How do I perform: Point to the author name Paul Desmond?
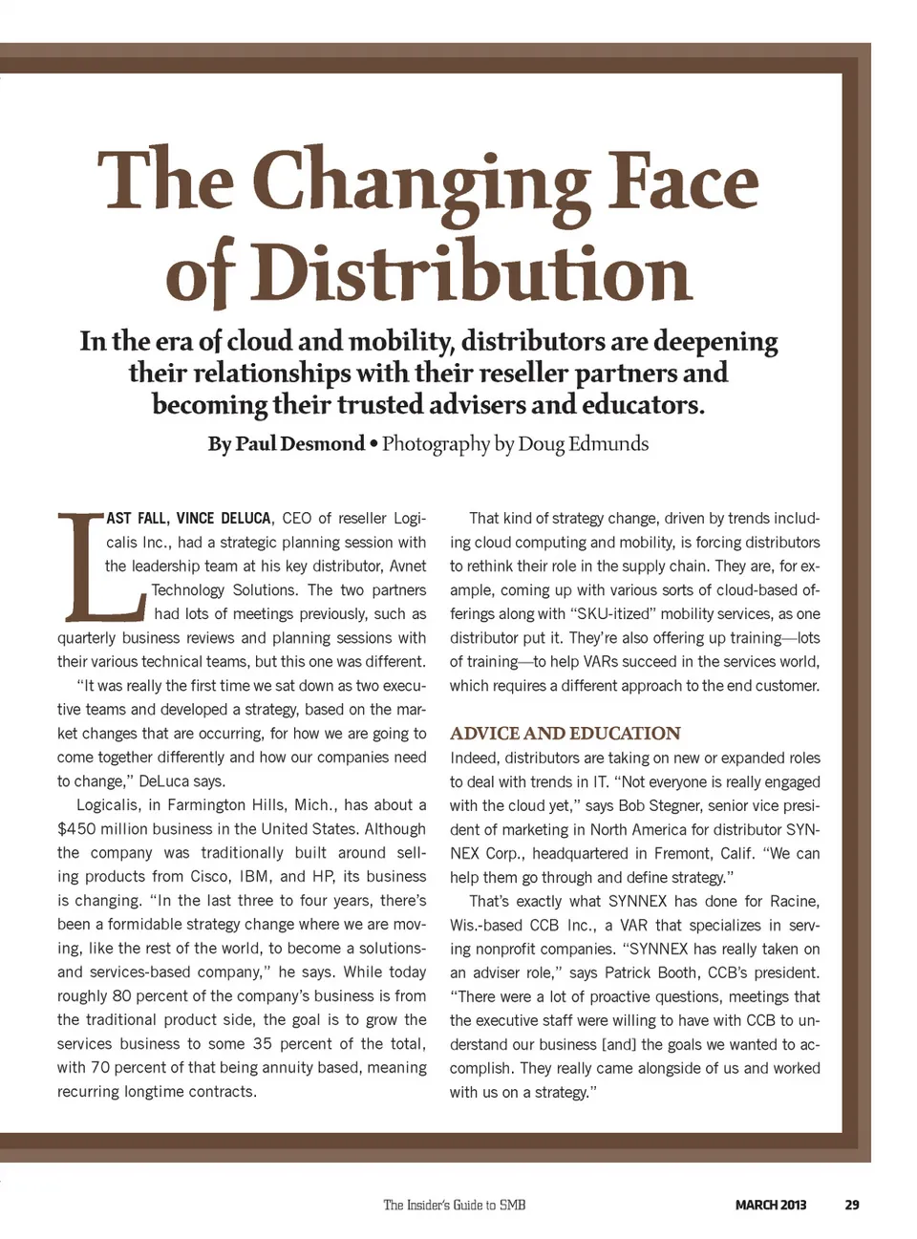pyautogui.click(x=300, y=444)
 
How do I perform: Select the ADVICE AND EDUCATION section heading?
pyautogui.click(x=565, y=734)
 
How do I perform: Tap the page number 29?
pyautogui.click(x=852, y=1206)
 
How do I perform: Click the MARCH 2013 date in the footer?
pyautogui.click(x=770, y=1206)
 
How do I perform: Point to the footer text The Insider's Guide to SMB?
pyautogui.click(x=454, y=1206)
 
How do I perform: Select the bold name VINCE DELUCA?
pyautogui.click(x=224, y=519)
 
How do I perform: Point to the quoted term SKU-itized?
pyautogui.click(x=607, y=614)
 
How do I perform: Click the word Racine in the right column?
pyautogui.click(x=794, y=902)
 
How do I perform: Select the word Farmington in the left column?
pyautogui.click(x=212, y=805)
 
